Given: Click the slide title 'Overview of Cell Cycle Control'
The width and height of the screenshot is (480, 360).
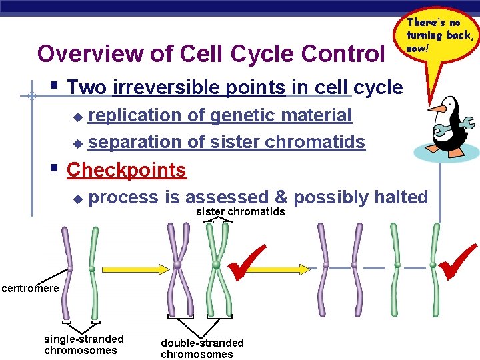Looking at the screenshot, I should click(x=211, y=53).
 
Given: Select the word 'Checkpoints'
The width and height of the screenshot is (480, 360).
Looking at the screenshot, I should click(x=126, y=170).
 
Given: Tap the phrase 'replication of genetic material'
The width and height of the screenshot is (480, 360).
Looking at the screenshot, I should click(x=220, y=115).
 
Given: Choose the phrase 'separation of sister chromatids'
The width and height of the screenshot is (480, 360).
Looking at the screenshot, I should click(x=227, y=142).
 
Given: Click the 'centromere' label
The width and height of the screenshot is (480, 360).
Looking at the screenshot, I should click(x=29, y=288).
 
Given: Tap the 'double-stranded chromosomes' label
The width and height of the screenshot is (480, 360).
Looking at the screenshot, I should click(x=202, y=348).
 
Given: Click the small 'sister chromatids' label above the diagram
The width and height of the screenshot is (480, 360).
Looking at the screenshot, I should click(x=240, y=212).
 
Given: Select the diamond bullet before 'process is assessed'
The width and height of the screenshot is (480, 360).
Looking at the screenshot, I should click(x=77, y=199).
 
